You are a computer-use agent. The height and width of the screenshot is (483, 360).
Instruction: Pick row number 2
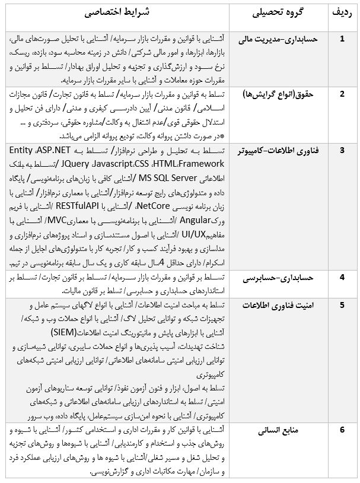click(x=342, y=94)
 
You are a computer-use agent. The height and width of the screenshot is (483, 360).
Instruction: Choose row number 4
click(x=342, y=277)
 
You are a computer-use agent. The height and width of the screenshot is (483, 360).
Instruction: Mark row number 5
click(x=342, y=305)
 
